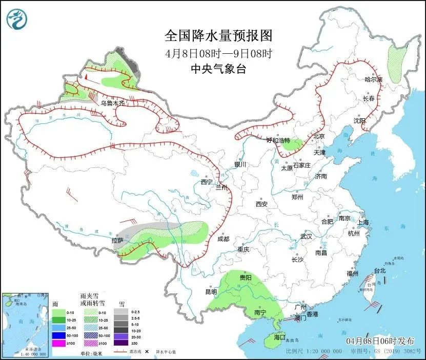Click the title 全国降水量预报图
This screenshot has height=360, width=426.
click(x=218, y=36)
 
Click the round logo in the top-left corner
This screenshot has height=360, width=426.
click(x=16, y=19)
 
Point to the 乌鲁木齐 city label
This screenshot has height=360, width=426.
click(x=112, y=103)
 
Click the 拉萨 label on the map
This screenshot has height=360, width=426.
click(x=117, y=240)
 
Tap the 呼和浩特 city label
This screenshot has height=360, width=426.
click(x=278, y=140)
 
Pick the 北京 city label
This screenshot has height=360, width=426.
click(x=320, y=136)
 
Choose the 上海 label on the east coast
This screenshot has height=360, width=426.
click(x=363, y=222)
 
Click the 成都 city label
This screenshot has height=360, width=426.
click(x=224, y=239)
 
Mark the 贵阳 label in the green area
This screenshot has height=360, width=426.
click(x=246, y=277)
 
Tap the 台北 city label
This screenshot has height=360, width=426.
click(x=379, y=270)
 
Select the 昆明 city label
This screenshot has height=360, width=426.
click(x=211, y=292)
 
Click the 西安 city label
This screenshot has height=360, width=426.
click(x=261, y=204)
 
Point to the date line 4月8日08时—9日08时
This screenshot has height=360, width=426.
click(x=218, y=53)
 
